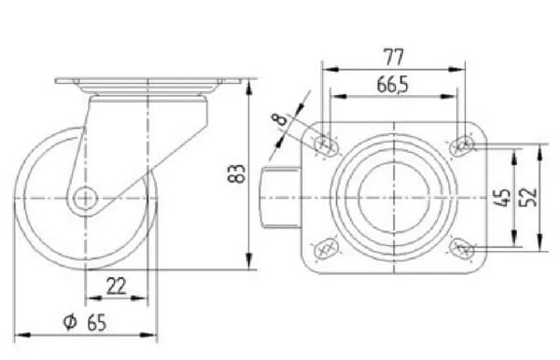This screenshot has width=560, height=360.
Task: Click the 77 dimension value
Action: coord(393,57)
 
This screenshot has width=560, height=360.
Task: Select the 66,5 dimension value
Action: coord(392,85)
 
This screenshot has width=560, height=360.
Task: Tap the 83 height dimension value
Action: coord(236,173)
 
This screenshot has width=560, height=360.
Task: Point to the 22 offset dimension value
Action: coord(117,286)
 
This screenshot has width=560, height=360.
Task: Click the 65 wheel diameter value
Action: coord(96,323)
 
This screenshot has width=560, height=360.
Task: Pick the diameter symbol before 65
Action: coord(70,322)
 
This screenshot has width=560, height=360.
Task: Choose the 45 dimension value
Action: coord(503,197)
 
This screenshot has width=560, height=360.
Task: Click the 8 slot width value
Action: coord(281,118)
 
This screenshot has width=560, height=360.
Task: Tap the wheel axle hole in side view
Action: coord(86,198)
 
